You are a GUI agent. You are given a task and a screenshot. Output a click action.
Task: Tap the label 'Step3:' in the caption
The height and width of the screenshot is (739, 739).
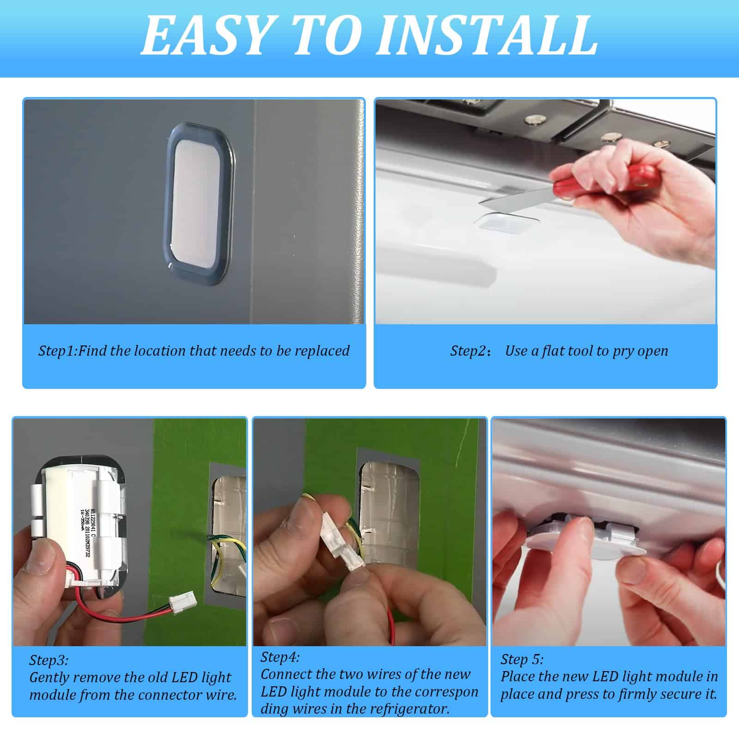pos(48,660)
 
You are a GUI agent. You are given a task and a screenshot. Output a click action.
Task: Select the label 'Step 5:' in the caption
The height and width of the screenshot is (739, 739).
pos(522,659)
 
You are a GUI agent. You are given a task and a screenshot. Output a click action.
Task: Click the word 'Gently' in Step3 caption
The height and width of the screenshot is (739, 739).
pos(49,678)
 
